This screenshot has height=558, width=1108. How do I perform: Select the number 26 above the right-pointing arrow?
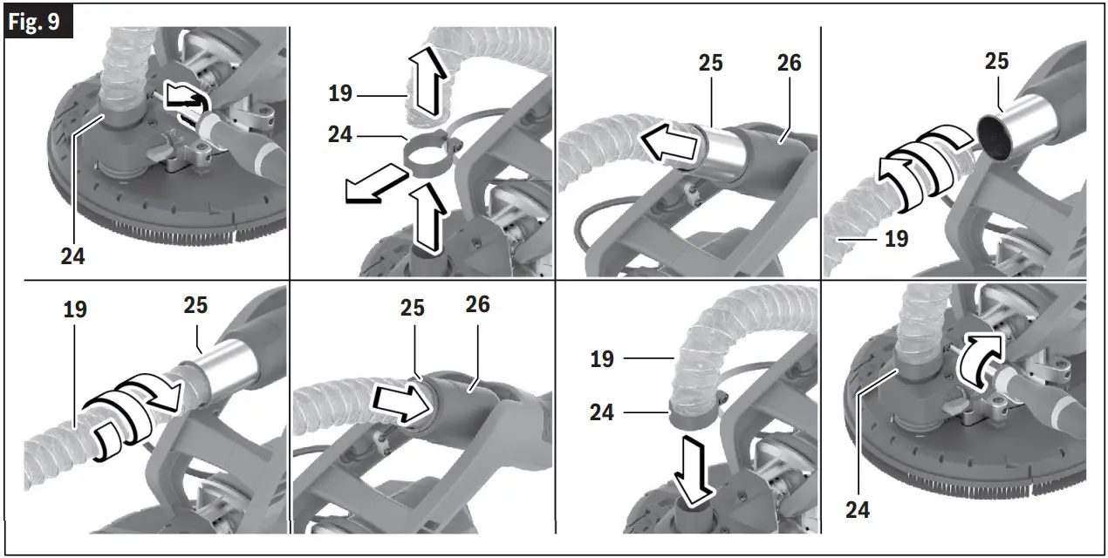tap(477, 304)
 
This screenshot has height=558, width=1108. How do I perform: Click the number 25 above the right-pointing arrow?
tap(412, 308)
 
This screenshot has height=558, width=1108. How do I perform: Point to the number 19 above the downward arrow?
tap(601, 358)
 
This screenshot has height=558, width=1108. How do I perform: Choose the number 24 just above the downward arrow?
tap(601, 411)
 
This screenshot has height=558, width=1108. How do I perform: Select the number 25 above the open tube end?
tap(995, 61)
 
